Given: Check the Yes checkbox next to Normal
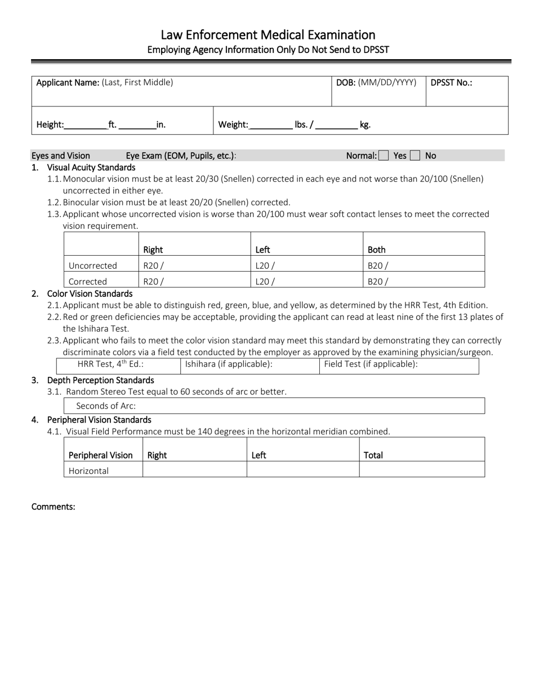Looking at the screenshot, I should [x=384, y=156].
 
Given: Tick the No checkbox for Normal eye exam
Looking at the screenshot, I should [x=415, y=156].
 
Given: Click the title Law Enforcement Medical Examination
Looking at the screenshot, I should [x=268, y=35].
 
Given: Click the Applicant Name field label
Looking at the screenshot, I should [x=105, y=82].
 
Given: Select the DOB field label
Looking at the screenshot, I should [x=376, y=82].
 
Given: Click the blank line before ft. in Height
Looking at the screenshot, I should [x=86, y=125].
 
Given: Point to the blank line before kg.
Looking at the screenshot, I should [x=336, y=125].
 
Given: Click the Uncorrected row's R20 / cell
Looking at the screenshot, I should [x=194, y=265].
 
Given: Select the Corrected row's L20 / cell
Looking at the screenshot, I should [x=306, y=281].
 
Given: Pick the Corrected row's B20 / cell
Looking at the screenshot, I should [x=423, y=281].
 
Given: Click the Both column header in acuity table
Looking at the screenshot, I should [x=377, y=250].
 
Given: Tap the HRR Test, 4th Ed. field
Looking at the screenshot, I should [x=118, y=365].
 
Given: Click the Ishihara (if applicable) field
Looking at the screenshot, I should [x=249, y=365].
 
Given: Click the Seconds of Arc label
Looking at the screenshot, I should [x=106, y=406].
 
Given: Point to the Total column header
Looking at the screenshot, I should [x=373, y=455].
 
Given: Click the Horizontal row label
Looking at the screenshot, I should [x=88, y=470].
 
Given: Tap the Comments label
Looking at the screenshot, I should [x=53, y=507].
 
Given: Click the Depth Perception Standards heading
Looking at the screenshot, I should [x=100, y=380].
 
